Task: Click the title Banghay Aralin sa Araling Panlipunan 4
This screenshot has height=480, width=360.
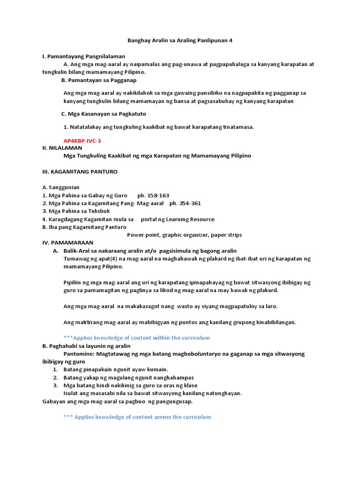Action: click(x=180, y=41)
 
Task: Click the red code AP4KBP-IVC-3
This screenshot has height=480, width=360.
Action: click(x=82, y=141)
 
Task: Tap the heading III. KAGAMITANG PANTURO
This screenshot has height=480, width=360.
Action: click(x=80, y=172)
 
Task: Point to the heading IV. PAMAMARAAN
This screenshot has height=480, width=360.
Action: click(x=67, y=243)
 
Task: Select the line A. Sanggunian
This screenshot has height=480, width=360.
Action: click(x=60, y=187)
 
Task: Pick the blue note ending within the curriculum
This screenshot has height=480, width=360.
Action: click(x=136, y=337)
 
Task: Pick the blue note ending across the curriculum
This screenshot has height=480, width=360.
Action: click(x=137, y=417)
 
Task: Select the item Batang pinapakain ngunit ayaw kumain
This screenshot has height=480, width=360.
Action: click(x=115, y=369)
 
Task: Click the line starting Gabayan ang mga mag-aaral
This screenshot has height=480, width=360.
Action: click(x=117, y=401)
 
